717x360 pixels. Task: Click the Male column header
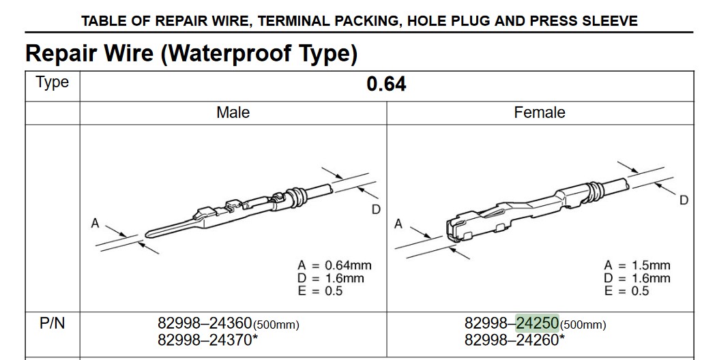(x=233, y=112)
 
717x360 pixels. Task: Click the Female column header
(x=540, y=112)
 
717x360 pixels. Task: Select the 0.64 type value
(x=386, y=84)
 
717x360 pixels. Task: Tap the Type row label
(x=52, y=82)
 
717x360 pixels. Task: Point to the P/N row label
(x=52, y=323)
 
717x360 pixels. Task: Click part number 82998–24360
(x=205, y=323)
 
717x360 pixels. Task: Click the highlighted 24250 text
(x=538, y=323)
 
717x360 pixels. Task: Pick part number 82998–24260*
(x=515, y=340)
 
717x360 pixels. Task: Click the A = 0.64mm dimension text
(x=334, y=265)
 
